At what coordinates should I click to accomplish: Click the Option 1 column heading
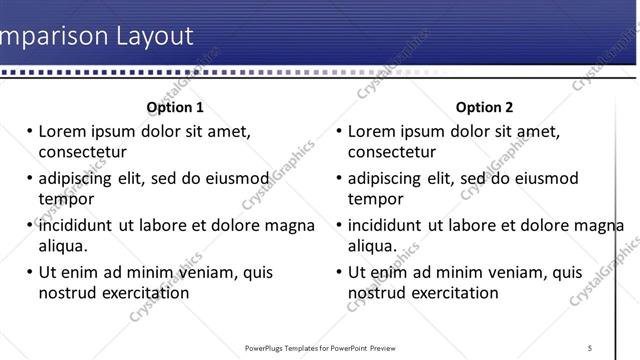click(x=175, y=107)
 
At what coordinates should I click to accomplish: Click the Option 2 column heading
click(x=484, y=107)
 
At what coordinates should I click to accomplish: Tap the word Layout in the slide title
click(x=150, y=37)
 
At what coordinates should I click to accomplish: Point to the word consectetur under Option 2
click(x=392, y=152)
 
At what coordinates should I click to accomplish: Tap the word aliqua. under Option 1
click(x=64, y=246)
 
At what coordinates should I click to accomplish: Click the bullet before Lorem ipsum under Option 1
click(x=29, y=131)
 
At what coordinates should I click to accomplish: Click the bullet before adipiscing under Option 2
click(x=339, y=178)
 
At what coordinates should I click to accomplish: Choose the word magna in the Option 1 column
click(x=292, y=225)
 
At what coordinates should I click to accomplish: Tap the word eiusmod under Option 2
click(x=545, y=178)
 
